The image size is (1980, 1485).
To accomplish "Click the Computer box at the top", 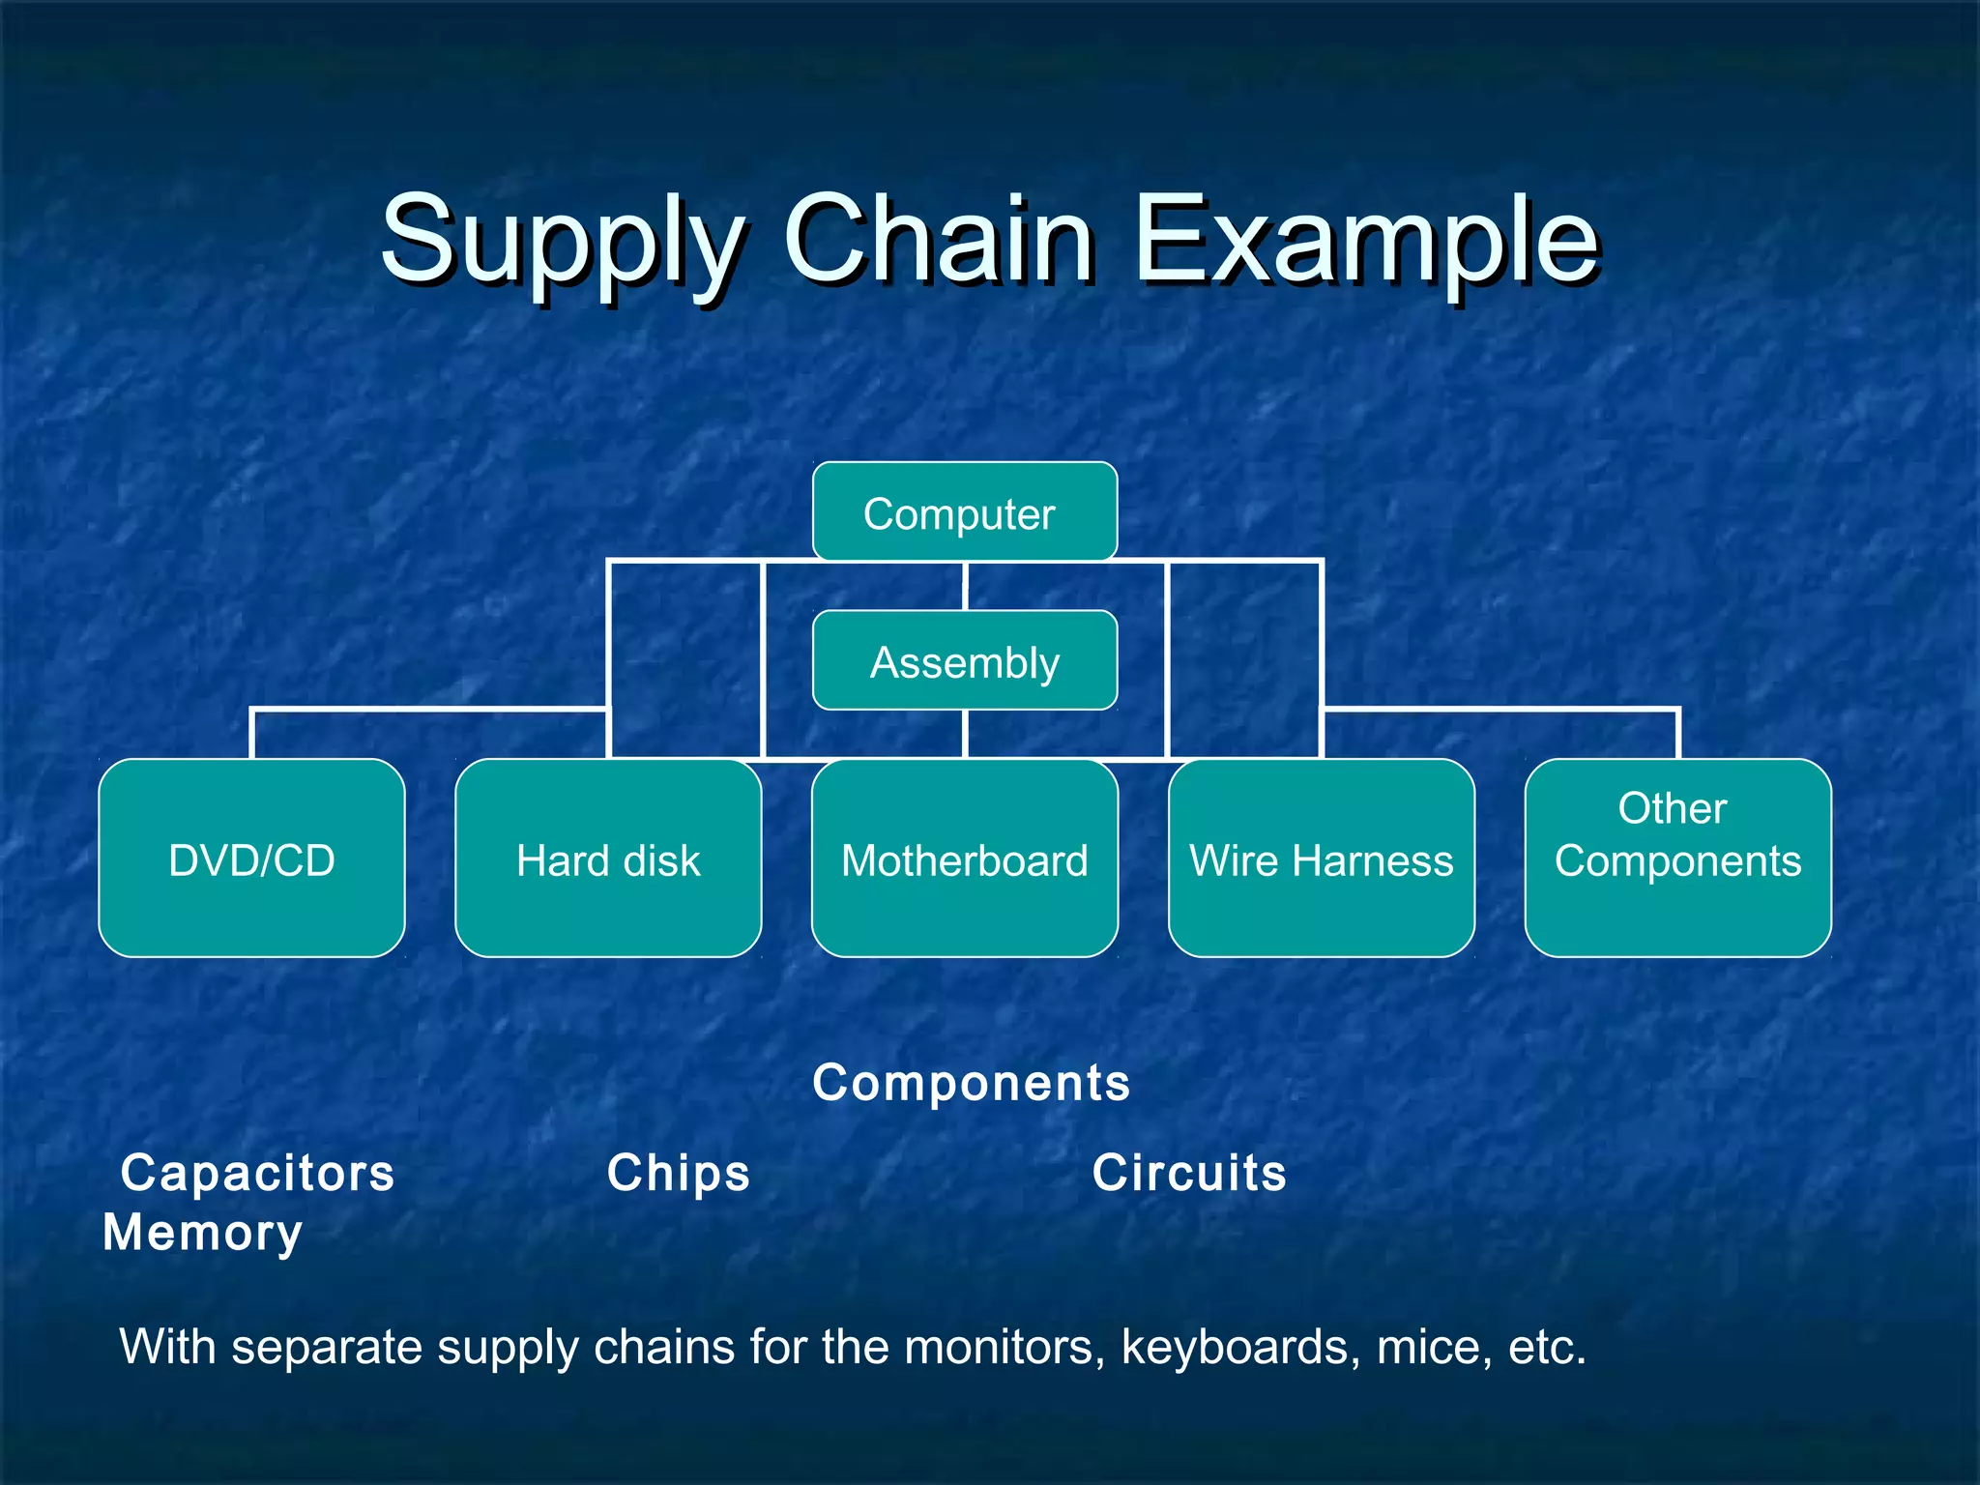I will coord(964,512).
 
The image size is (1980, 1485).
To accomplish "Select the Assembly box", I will coord(964,661).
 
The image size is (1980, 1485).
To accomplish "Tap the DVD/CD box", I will coord(251,859).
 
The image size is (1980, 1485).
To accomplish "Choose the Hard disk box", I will coord(608,859).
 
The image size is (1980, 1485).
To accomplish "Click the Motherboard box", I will coord(964,859).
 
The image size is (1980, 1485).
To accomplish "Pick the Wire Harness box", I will coord(1321,859).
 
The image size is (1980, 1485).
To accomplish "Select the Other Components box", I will coord(1677,859).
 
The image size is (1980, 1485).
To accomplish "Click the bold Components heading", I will coord(971,1083).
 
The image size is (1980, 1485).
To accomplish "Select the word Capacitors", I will coord(257,1173).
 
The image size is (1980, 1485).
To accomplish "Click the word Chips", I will coord(678,1173).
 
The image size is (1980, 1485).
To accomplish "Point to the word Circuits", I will coord(1188,1173).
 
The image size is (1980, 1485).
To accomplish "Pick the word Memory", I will coord(203,1233).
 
